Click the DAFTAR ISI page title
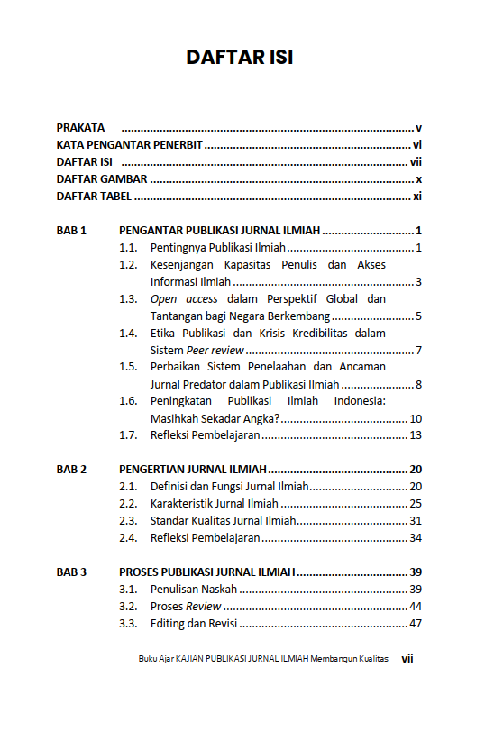click(240, 57)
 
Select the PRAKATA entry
click(80, 128)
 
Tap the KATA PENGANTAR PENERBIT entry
click(129, 145)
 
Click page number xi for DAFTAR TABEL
click(417, 197)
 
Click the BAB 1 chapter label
click(71, 231)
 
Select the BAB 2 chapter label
click(71, 470)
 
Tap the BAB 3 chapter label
click(71, 572)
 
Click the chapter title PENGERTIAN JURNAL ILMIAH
click(193, 470)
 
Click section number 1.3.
click(128, 298)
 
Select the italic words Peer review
click(215, 350)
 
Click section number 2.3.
click(128, 520)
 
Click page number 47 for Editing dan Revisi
click(416, 623)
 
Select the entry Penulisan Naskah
click(194, 589)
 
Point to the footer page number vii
click(407, 659)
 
